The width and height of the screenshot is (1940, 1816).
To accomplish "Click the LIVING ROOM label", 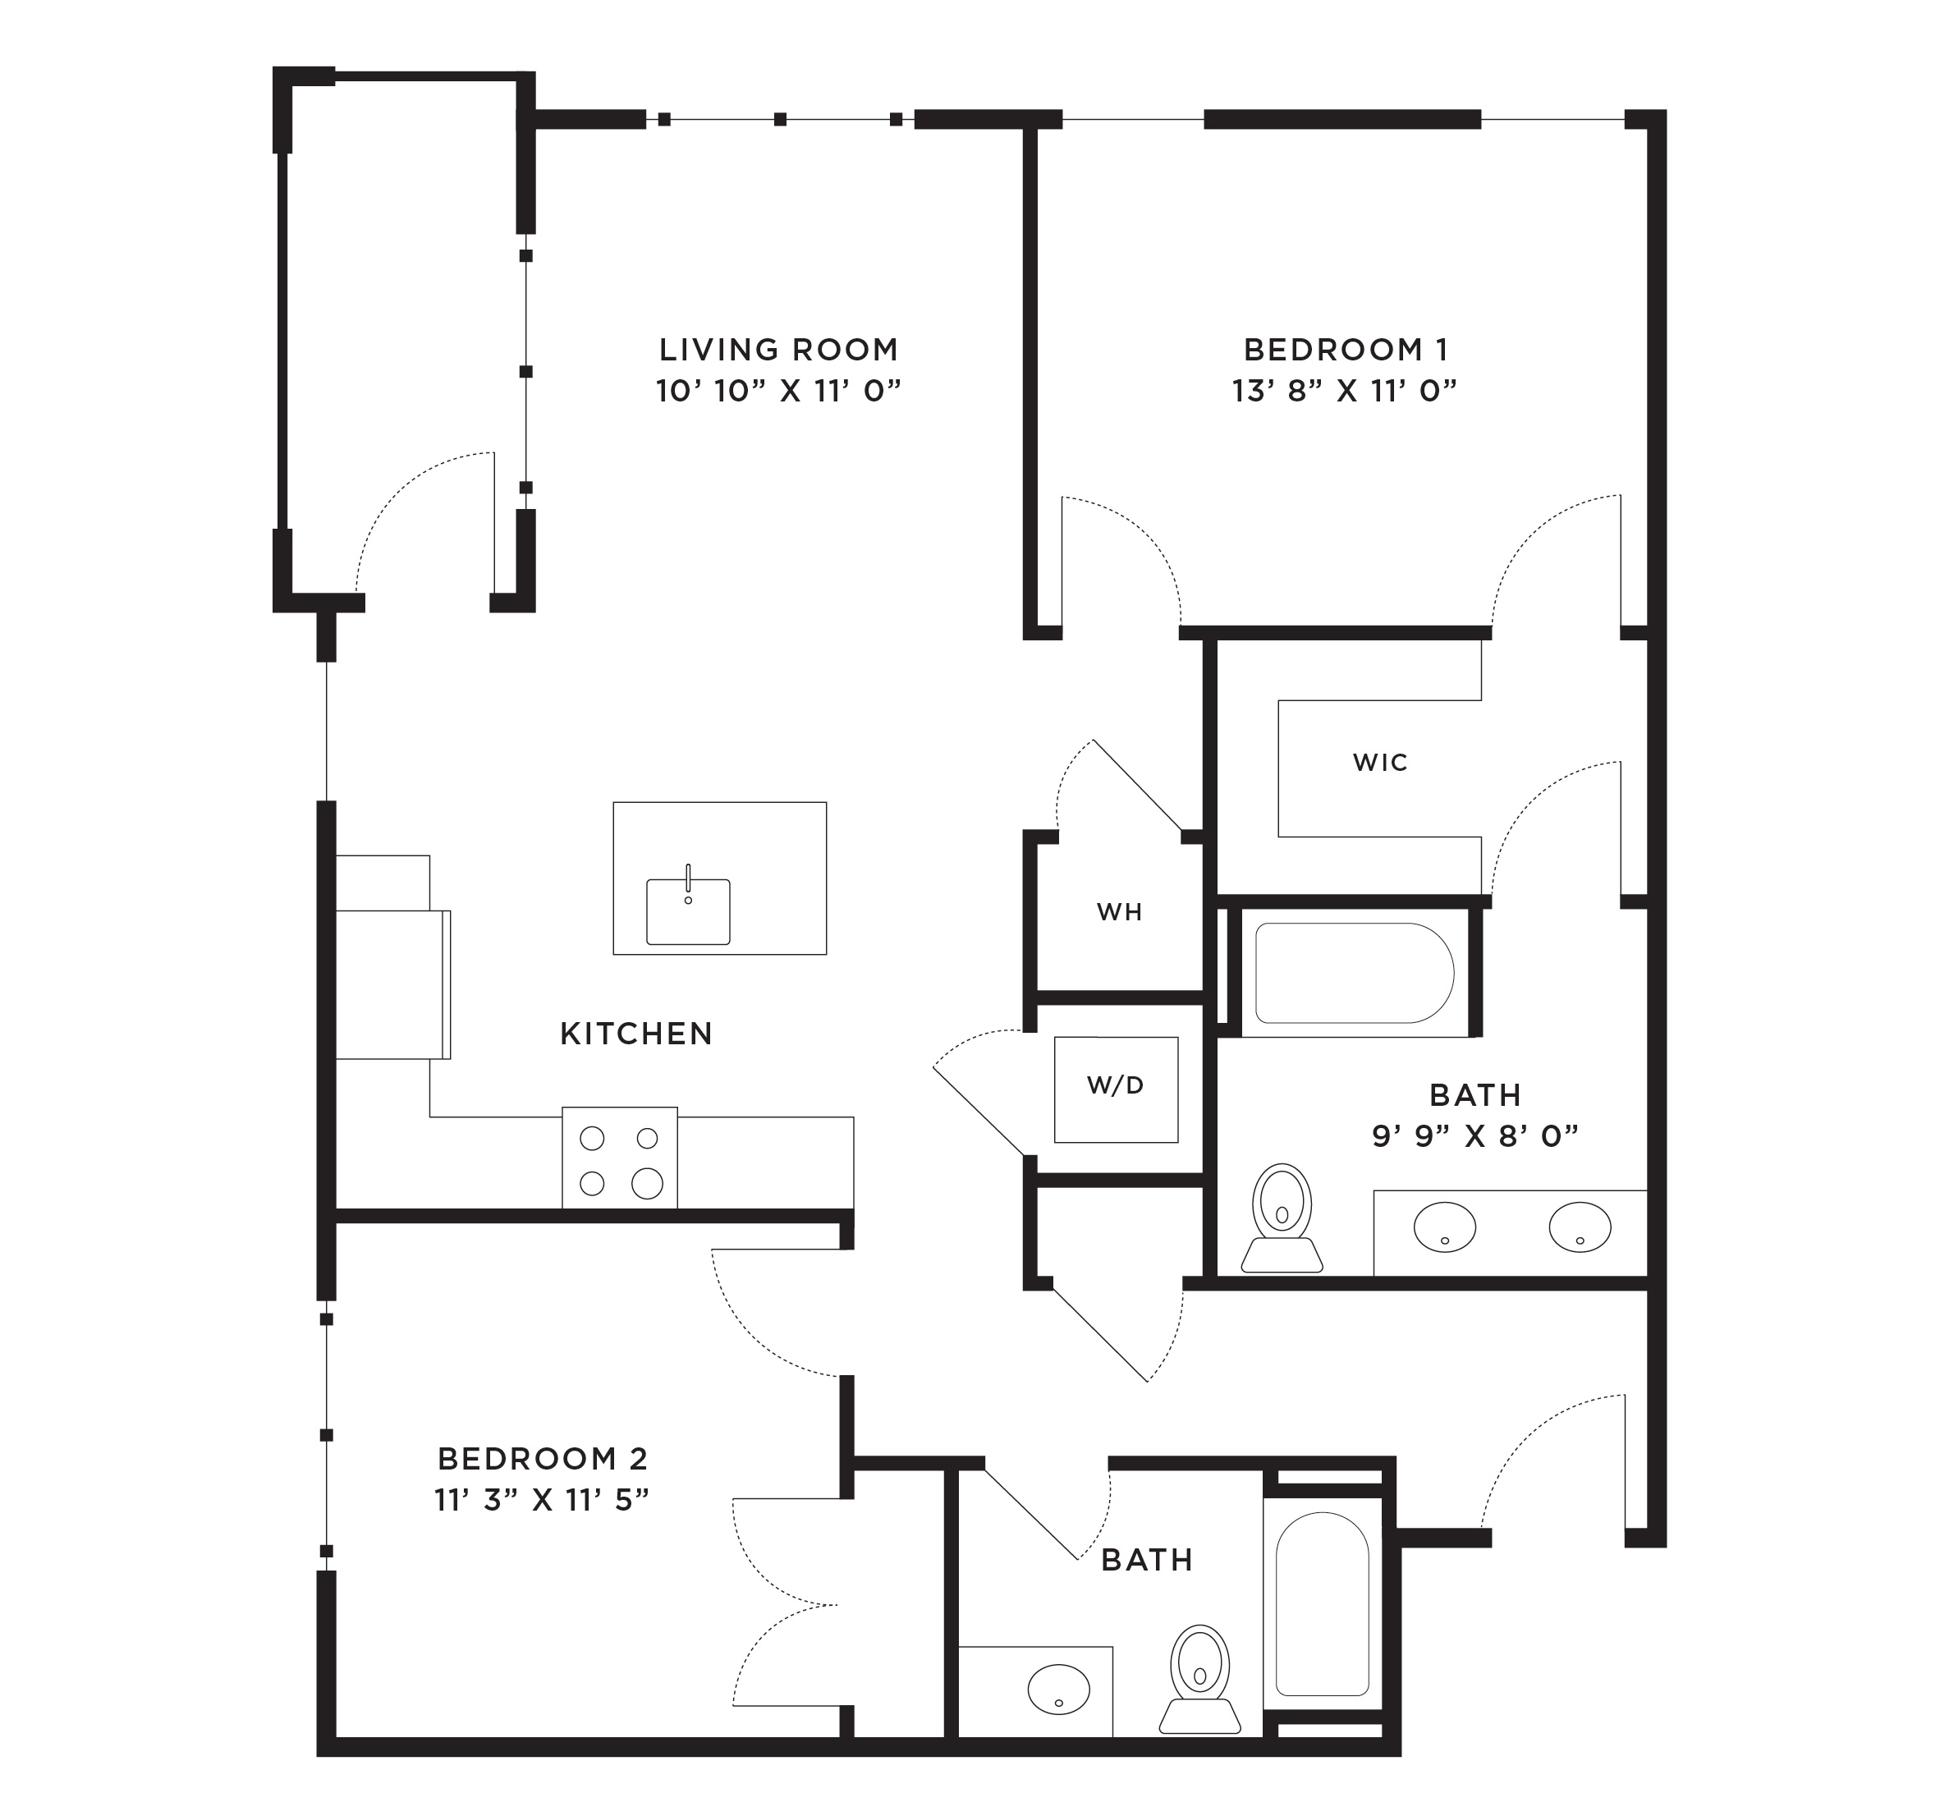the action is (x=777, y=350).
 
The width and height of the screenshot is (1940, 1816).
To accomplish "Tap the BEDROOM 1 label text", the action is (x=1346, y=350).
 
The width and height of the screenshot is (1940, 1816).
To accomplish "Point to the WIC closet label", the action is (x=1380, y=762).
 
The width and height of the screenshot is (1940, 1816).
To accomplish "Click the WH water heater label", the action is (x=1119, y=911).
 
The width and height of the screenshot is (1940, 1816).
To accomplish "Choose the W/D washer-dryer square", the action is (x=1116, y=1089).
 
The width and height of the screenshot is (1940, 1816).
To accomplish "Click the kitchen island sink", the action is (x=688, y=910).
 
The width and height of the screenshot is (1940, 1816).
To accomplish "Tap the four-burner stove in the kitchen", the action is (x=620, y=1158).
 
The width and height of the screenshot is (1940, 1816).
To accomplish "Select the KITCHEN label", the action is (x=636, y=1034).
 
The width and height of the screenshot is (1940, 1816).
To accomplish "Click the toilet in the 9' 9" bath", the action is (x=1282, y=1218).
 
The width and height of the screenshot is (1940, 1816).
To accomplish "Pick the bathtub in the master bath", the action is (x=1355, y=973).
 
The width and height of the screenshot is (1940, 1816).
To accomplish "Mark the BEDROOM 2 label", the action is (x=543, y=1459).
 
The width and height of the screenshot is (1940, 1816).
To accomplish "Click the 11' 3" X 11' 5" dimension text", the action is (x=543, y=1500).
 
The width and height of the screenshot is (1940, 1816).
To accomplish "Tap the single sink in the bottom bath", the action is (x=1059, y=1689).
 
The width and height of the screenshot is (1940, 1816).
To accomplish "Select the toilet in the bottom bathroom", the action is (x=1200, y=1678).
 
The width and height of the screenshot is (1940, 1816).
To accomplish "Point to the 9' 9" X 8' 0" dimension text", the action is (x=1475, y=1137).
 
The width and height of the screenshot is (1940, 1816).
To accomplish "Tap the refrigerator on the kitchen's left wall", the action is (x=392, y=984).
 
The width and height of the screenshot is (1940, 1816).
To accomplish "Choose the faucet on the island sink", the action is (x=688, y=881).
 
